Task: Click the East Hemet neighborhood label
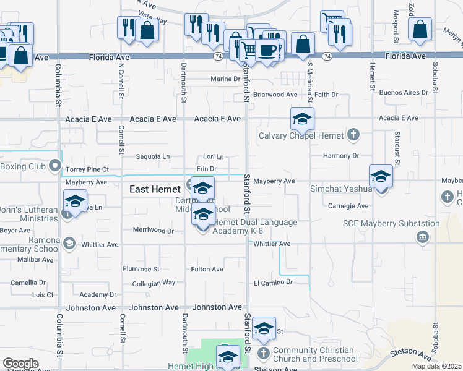coord(154,190)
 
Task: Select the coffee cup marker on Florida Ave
coord(268,51)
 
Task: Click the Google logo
coord(20,364)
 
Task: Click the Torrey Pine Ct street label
coord(87,169)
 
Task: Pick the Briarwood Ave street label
coord(275,95)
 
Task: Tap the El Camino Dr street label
coord(272,282)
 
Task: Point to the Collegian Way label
coord(154,283)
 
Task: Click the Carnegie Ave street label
coord(348,206)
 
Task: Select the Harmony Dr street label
coord(340,156)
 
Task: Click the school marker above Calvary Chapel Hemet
coord(302,119)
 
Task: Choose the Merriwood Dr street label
coord(154,230)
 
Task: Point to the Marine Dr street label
coord(225,79)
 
